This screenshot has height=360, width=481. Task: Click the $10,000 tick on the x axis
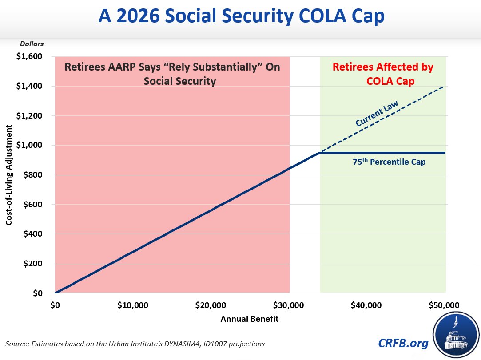coord(133,305)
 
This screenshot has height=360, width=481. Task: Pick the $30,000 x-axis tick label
coord(289,305)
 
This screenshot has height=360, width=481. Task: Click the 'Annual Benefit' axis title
coord(250,319)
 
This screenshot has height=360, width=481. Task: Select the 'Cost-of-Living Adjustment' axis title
coord(9,175)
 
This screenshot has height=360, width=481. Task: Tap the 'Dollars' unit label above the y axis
coord(32,44)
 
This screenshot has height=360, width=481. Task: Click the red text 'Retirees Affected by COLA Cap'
coord(383,74)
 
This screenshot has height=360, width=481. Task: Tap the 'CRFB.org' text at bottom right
coord(403,343)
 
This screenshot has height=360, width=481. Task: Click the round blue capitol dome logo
coord(456,335)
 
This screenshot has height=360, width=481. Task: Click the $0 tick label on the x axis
coord(55,305)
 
